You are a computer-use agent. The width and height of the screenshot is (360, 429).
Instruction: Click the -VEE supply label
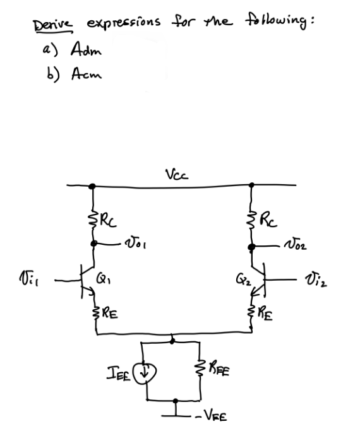(x=212, y=417)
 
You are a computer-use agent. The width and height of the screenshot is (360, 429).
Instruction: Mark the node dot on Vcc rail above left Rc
(x=92, y=186)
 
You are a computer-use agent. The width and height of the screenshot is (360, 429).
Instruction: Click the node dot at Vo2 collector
(x=252, y=247)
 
